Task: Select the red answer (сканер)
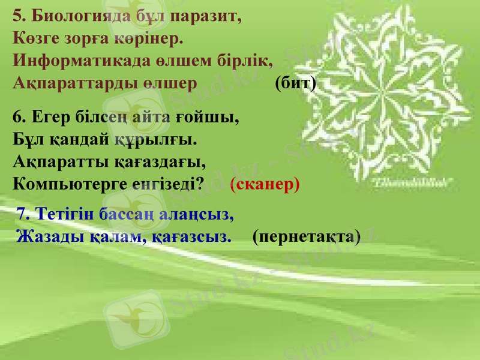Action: click(x=265, y=184)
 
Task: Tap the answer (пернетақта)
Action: click(x=307, y=237)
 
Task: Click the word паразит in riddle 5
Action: click(x=205, y=17)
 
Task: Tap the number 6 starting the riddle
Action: click(x=17, y=117)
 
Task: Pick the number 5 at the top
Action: click(x=17, y=17)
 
